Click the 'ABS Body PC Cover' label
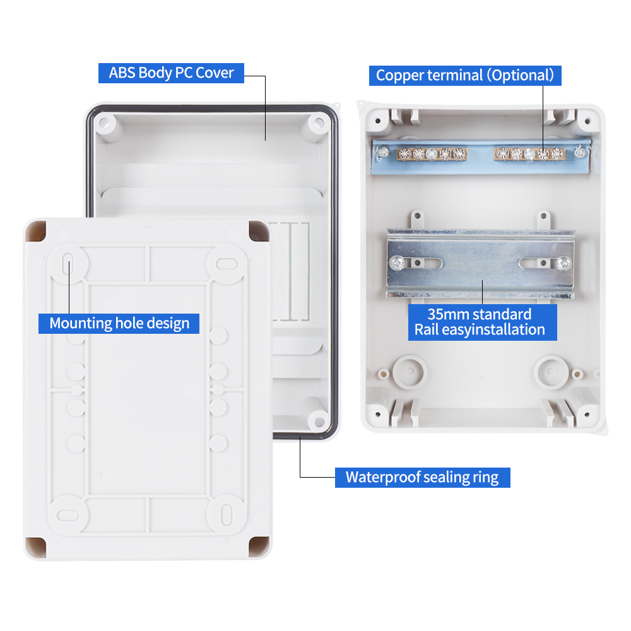171,73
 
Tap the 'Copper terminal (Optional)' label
465,75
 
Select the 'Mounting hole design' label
119,324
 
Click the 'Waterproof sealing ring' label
422,477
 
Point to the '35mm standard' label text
480,314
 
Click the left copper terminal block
432,153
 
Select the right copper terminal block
529,153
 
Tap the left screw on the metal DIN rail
397,263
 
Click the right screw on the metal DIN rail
563,263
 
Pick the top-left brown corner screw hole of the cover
36,232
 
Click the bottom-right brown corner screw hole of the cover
259,547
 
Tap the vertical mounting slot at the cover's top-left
68,264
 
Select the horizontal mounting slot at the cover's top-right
227,264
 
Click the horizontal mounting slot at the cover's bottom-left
68,515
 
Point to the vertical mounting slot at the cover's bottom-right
227,515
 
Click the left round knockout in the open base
410,372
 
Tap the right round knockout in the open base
551,372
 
